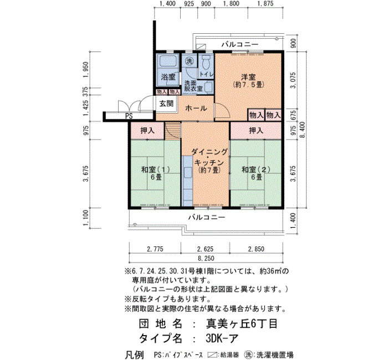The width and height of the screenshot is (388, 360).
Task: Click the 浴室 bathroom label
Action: (168, 77)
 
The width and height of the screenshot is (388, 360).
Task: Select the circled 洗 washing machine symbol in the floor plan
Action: (190, 61)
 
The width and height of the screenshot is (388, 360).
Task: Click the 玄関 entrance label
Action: (166, 104)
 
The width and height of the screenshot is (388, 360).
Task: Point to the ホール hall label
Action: (196, 109)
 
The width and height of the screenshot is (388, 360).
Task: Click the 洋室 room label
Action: (248, 77)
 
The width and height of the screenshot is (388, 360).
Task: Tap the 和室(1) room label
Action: (155, 169)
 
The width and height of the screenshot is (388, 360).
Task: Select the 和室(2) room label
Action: (256, 169)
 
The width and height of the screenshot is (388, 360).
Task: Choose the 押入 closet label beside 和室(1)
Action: (147, 131)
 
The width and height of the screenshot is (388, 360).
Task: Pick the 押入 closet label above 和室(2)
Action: (256, 131)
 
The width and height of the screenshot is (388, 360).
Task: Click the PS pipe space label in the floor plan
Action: (129, 116)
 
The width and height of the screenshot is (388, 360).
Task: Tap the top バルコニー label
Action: (240, 44)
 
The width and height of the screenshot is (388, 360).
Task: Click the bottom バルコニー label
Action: (207, 217)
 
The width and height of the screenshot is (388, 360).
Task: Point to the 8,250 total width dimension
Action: (206, 259)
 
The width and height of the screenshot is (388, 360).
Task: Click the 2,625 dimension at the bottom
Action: (205, 249)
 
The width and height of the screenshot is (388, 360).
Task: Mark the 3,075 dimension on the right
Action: (293, 80)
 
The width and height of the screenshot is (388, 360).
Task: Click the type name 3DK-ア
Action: (222, 338)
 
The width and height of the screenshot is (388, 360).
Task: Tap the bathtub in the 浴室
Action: (169, 61)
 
